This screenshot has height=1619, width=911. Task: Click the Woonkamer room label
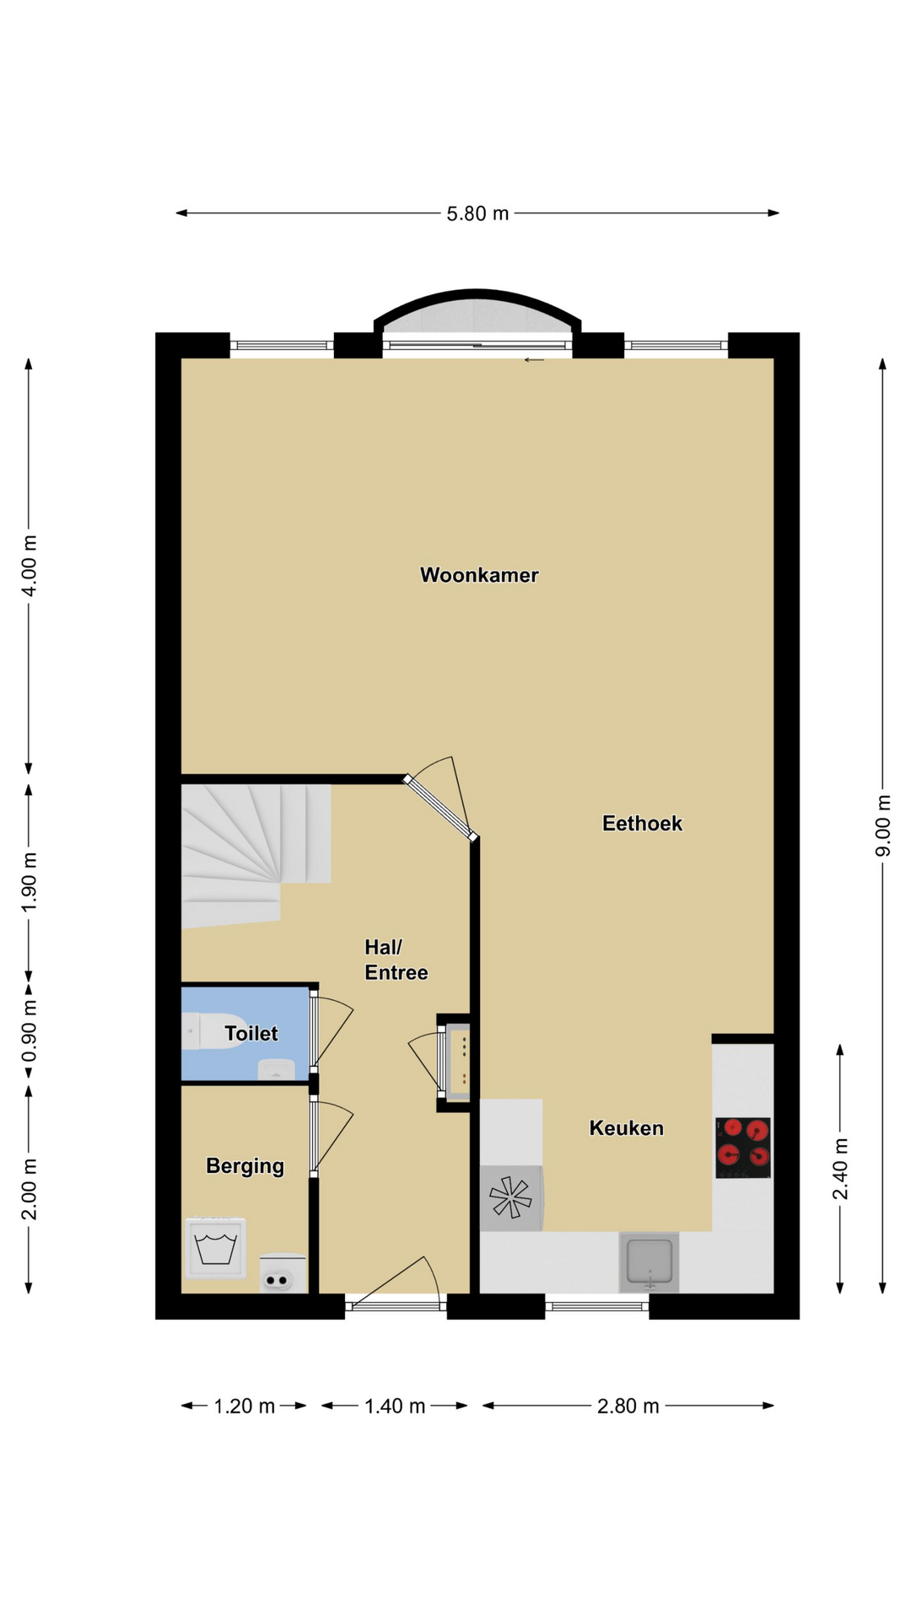pyautogui.click(x=479, y=575)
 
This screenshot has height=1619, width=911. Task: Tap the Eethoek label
pyautogui.click(x=642, y=823)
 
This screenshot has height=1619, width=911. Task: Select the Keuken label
pyautogui.click(x=626, y=1128)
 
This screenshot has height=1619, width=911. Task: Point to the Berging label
pyautogui.click(x=245, y=1166)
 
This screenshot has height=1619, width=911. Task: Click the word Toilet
pyautogui.click(x=251, y=1033)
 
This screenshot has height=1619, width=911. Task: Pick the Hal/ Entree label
pyautogui.click(x=396, y=960)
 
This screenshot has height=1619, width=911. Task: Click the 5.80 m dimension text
pyautogui.click(x=477, y=213)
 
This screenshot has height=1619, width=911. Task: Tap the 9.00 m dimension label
pyautogui.click(x=882, y=826)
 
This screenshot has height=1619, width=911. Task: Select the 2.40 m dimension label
pyautogui.click(x=840, y=1168)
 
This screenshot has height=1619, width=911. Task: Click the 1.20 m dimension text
pyautogui.click(x=244, y=1406)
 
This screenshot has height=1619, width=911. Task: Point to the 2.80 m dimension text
pyautogui.click(x=628, y=1406)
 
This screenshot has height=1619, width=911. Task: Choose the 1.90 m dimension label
pyautogui.click(x=29, y=881)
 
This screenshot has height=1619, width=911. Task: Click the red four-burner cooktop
pyautogui.click(x=743, y=1148)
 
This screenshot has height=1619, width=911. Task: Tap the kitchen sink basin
pyautogui.click(x=649, y=1262)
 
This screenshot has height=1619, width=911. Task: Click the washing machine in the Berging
pyautogui.click(x=216, y=1248)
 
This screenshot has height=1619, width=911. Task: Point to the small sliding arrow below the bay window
pyautogui.click(x=534, y=361)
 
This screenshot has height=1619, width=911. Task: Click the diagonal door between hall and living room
pyautogui.click(x=439, y=808)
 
